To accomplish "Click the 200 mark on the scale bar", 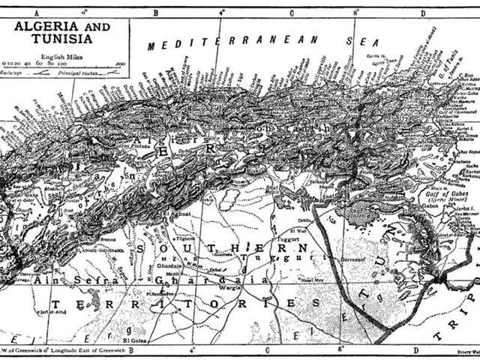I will [120, 65].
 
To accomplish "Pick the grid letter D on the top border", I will [423, 13].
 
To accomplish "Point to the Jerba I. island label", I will [445, 202].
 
